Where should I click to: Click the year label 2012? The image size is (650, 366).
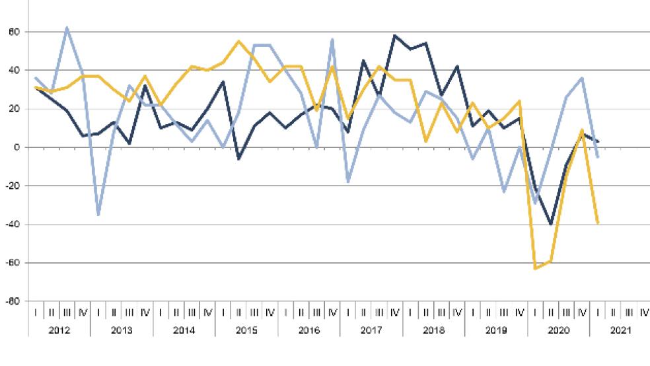pos(59,329)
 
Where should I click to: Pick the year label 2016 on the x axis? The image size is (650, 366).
pos(309,329)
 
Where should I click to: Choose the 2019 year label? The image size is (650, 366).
pos(497,329)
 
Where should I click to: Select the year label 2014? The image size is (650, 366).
pos(184,329)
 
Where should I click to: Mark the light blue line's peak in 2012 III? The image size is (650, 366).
pos(67,28)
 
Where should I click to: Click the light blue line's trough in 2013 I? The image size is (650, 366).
pos(98,215)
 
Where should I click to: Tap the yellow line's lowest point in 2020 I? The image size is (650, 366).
pos(535,268)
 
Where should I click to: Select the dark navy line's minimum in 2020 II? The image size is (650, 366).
pos(551,225)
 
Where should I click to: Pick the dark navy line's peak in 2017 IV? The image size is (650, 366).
pos(394,36)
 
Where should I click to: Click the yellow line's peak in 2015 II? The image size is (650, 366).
pos(238,41)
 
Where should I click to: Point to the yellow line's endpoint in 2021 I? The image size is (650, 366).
pos(598,223)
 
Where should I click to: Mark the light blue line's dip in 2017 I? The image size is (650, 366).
pos(348,182)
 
